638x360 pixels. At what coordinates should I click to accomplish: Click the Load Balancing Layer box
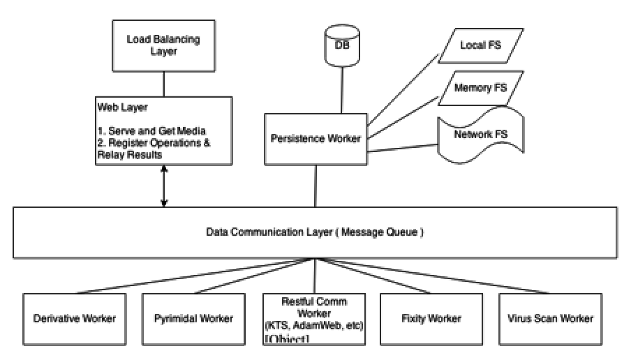163,45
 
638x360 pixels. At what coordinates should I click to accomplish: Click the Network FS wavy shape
480,135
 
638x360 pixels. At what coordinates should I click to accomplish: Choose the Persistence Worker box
316,138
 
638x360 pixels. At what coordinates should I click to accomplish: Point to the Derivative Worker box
74,319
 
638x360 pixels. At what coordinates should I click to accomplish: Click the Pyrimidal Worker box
193,319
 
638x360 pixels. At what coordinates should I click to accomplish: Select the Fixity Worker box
431,319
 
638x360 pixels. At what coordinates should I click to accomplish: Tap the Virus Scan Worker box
551,319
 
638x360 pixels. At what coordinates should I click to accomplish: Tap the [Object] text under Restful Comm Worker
286,340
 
